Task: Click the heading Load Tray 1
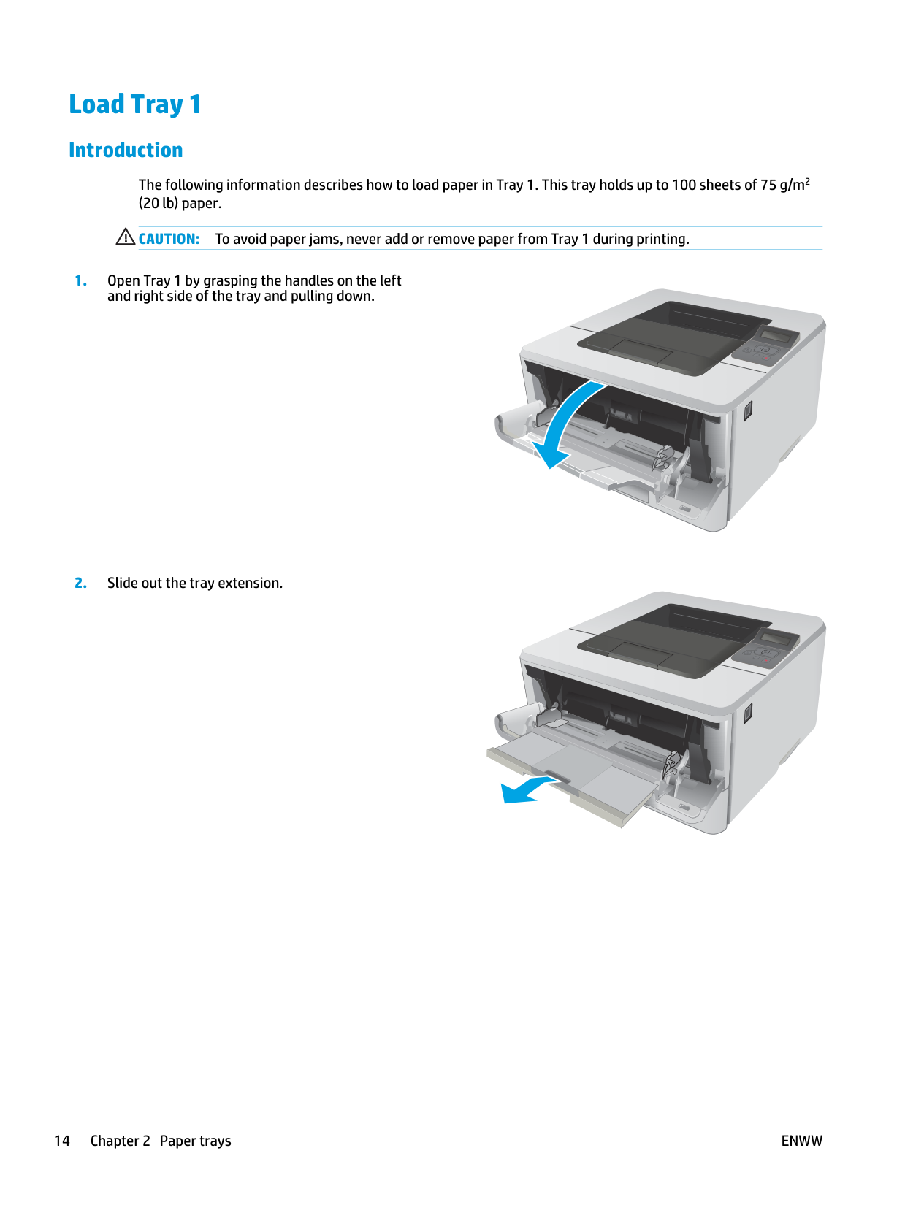(135, 104)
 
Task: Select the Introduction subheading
(126, 150)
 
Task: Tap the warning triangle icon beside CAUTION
(126, 237)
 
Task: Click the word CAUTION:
(169, 239)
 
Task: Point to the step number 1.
(80, 280)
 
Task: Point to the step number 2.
(80, 583)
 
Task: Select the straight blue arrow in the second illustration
(530, 790)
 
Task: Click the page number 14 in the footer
(62, 1141)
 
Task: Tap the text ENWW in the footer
(801, 1141)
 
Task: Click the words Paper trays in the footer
(195, 1141)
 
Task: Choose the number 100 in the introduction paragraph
(683, 185)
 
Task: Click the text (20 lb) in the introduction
(158, 204)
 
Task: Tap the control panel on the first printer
(765, 344)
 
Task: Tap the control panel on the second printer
(765, 647)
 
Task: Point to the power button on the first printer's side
(747, 410)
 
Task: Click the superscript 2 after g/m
(807, 180)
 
